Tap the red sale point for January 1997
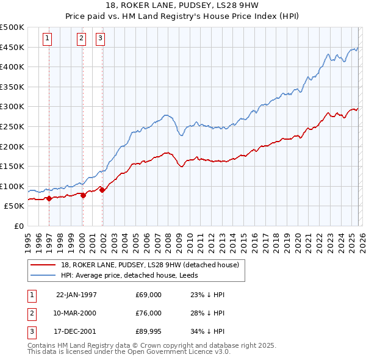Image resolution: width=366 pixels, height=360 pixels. click(x=49, y=198)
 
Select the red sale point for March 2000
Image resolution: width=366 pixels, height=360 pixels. click(x=82, y=195)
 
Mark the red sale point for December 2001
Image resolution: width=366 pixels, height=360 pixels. click(x=102, y=190)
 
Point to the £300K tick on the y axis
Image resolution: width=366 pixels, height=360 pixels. click(x=12, y=107)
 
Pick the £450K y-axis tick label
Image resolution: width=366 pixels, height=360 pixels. click(x=12, y=47)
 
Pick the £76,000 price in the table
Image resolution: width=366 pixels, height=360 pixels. click(x=149, y=313)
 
